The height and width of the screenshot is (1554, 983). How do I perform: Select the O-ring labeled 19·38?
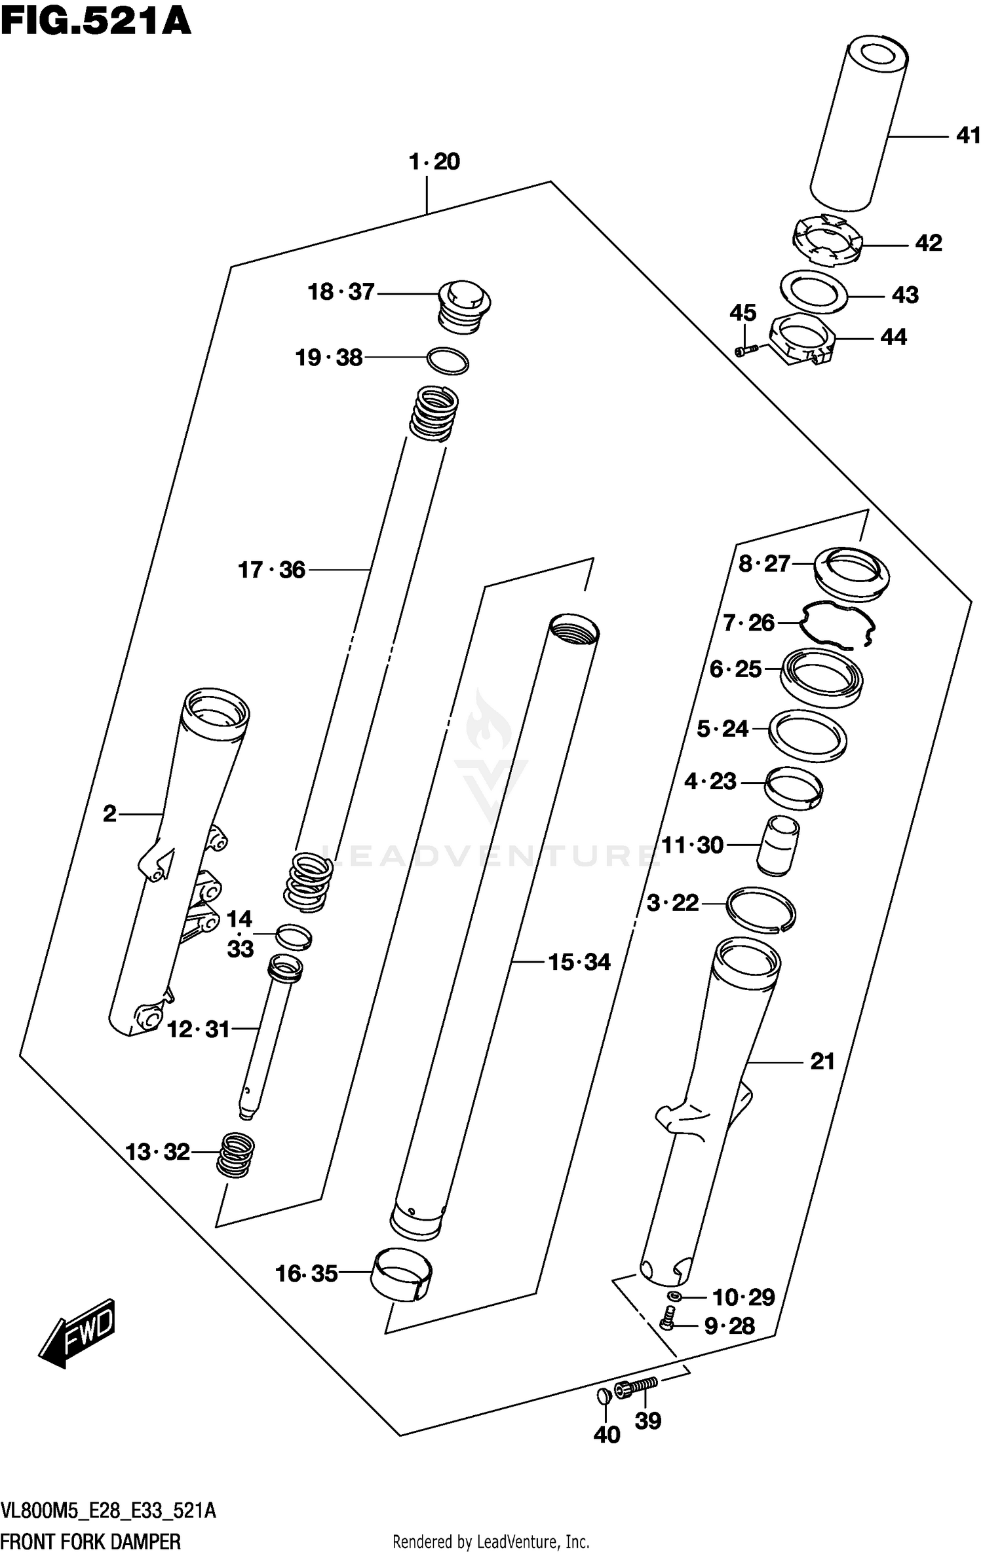pos(448,360)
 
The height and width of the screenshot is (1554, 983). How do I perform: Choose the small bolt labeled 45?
pos(746,350)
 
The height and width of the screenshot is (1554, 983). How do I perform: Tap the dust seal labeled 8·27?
pos(851,573)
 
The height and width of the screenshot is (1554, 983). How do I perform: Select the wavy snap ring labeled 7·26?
pos(838,625)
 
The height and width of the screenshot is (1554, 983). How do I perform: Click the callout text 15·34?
pos(579,962)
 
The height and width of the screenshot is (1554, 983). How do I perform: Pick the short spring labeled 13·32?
pos(236,1156)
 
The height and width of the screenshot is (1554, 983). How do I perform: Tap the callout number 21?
pos(822,1062)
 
